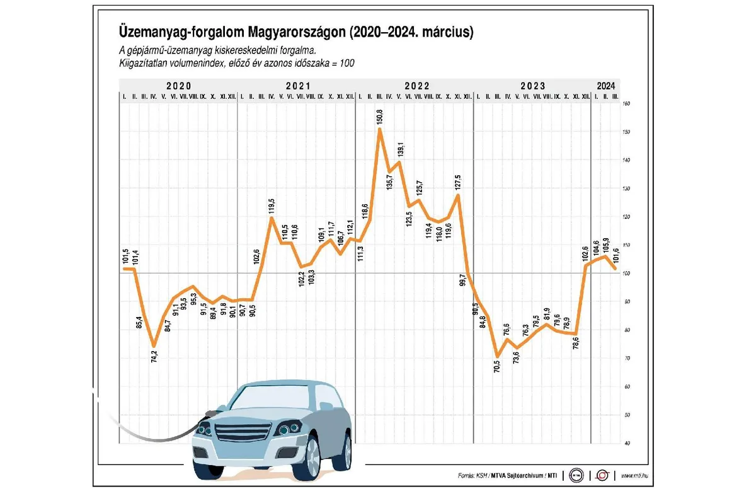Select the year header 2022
click(417, 86)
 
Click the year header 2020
click(178, 86)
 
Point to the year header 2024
click(606, 86)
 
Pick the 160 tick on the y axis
click(626, 103)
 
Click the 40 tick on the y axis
click(626, 443)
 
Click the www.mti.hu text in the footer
click(636, 476)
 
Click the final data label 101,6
click(616, 255)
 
